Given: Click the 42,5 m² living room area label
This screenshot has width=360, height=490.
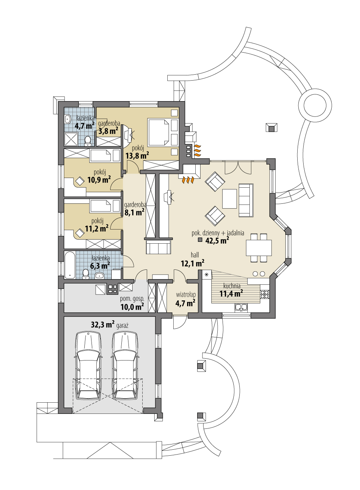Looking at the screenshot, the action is (x=217, y=240).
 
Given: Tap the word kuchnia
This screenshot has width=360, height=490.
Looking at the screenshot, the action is (x=232, y=286).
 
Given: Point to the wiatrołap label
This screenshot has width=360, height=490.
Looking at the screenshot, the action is (x=186, y=295).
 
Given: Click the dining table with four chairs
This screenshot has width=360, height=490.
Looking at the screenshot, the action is (x=259, y=248).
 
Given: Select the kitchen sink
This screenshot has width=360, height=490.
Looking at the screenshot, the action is (x=241, y=308).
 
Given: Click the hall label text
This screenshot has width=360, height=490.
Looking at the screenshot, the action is (x=195, y=255).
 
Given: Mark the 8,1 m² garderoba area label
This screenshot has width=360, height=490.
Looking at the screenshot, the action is (x=134, y=212).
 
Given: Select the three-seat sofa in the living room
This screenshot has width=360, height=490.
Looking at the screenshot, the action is (x=246, y=200).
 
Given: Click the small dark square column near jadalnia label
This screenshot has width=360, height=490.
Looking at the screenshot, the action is (x=199, y=240).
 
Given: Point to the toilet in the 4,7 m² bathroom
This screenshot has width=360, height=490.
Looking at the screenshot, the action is (x=88, y=141).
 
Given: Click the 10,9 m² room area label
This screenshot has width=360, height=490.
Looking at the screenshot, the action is (x=99, y=180).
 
